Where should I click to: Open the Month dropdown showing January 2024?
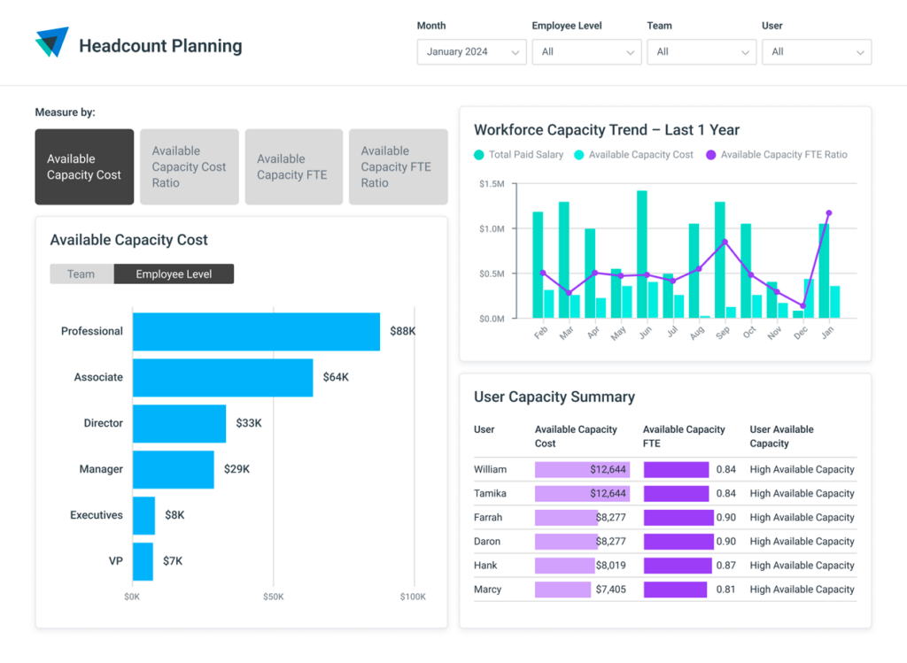coord(471,52)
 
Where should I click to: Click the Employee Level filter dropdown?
coord(586,52)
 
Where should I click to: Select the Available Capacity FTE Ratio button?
coord(397,166)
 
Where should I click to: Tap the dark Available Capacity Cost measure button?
coord(84,166)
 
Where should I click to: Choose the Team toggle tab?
coord(81,274)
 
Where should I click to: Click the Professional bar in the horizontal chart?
coord(256,331)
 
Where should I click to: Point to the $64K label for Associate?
coord(336,377)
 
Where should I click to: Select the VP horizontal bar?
coord(143,561)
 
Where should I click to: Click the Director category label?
coord(103,423)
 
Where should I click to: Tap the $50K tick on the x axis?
coord(273,597)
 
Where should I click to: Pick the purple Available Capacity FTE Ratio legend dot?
coord(710,155)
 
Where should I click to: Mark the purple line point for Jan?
coord(829,212)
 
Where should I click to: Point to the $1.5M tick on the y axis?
coord(492,183)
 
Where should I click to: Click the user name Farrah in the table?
coord(488,517)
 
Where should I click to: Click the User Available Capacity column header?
coord(781,436)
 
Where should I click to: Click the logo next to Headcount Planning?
coord(51,42)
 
